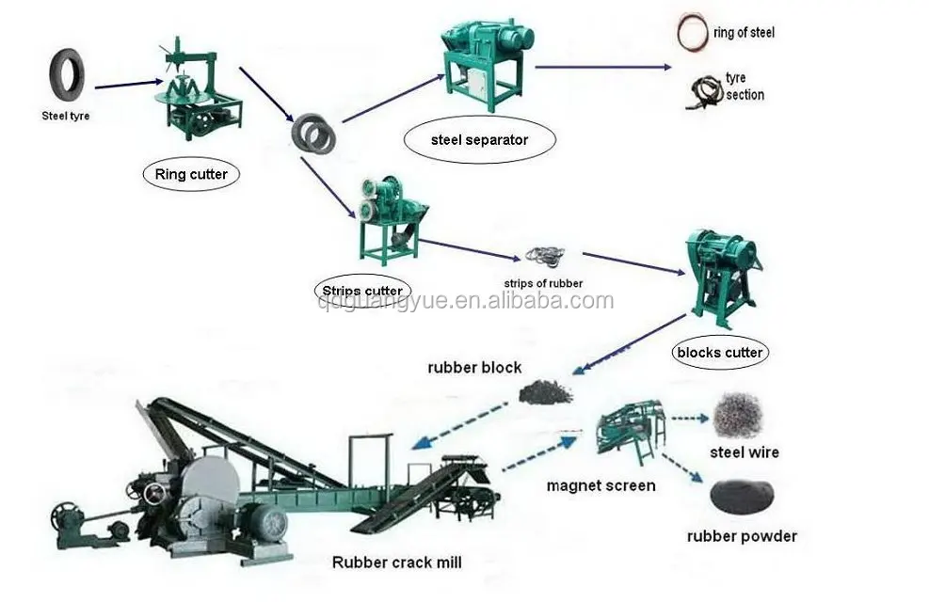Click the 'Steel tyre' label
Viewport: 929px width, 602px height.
(x=65, y=117)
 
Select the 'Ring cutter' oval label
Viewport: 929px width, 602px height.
(x=191, y=174)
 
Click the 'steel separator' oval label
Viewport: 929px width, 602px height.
(x=479, y=140)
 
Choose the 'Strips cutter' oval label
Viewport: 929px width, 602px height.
(x=362, y=291)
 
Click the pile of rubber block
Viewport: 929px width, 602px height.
(x=545, y=391)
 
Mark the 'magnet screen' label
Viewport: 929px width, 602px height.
(x=601, y=485)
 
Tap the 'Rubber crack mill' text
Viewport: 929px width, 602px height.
(x=396, y=562)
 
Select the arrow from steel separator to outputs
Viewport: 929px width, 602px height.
(x=602, y=67)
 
